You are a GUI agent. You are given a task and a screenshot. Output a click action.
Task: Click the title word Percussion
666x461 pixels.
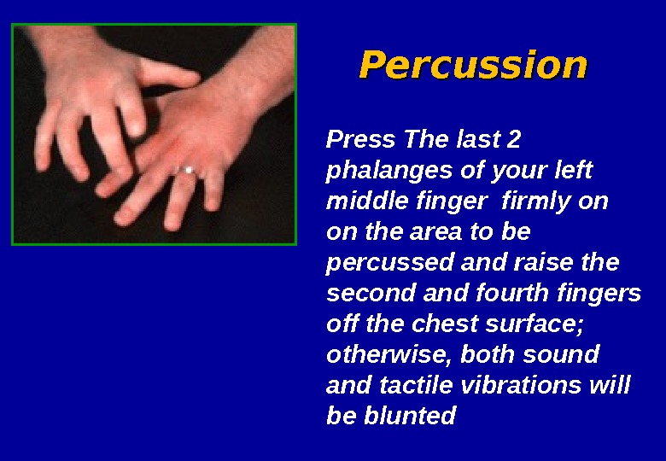[473, 65]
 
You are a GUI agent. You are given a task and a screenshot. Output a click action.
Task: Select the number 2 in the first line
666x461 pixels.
[513, 139]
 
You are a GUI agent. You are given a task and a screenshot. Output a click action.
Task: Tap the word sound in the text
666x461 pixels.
[563, 354]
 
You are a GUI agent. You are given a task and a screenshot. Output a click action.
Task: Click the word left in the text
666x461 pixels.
[573, 171]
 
